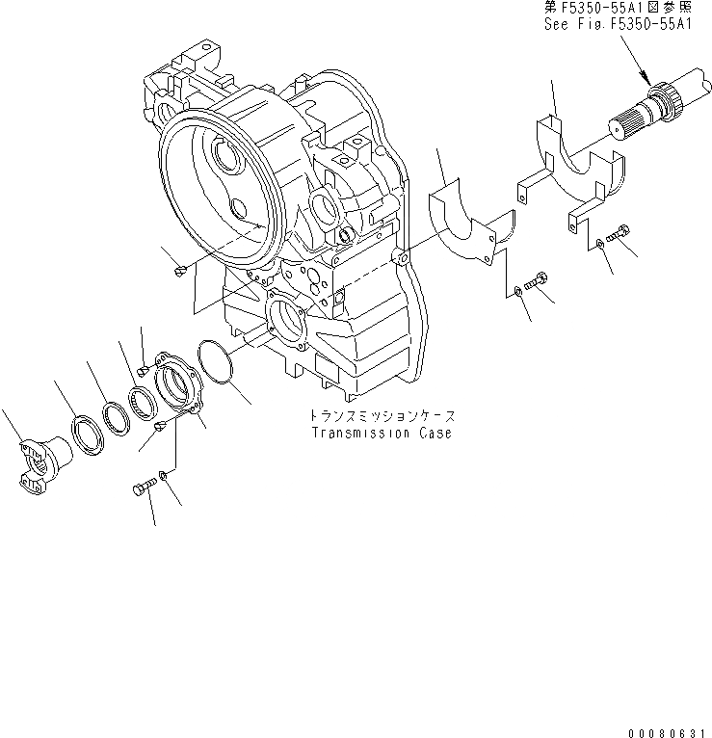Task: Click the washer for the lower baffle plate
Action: (519, 288)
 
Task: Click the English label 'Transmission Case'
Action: (381, 433)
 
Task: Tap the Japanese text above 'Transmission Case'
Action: (381, 415)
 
